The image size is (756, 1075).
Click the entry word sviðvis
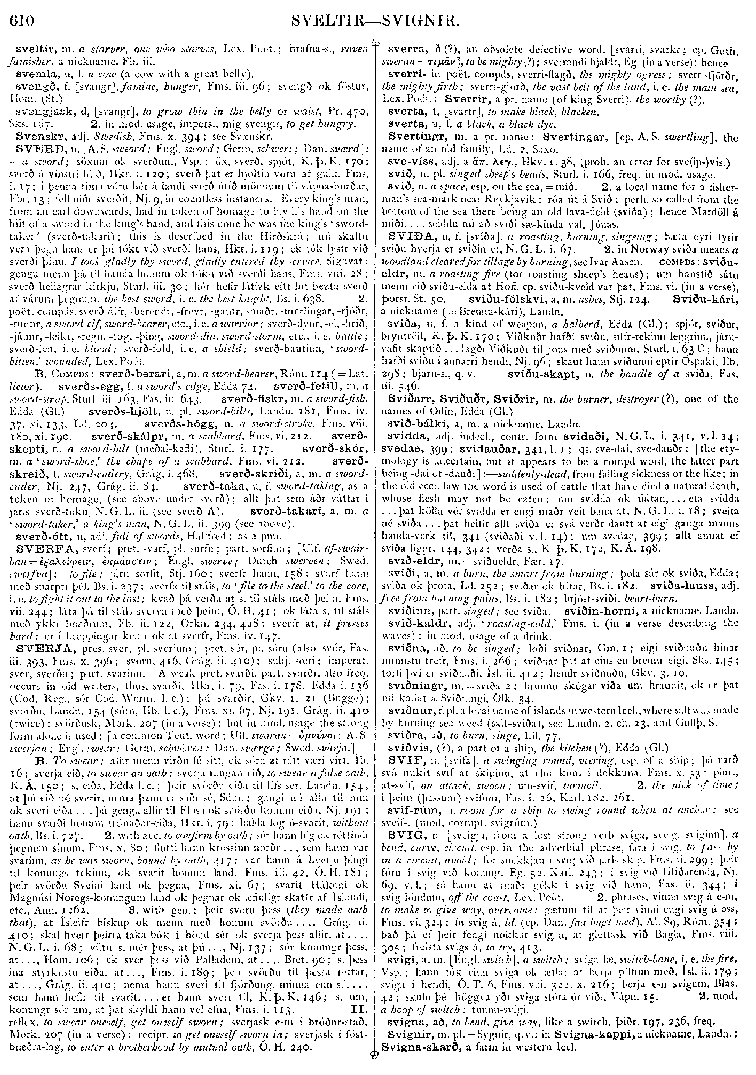click(405, 774)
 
